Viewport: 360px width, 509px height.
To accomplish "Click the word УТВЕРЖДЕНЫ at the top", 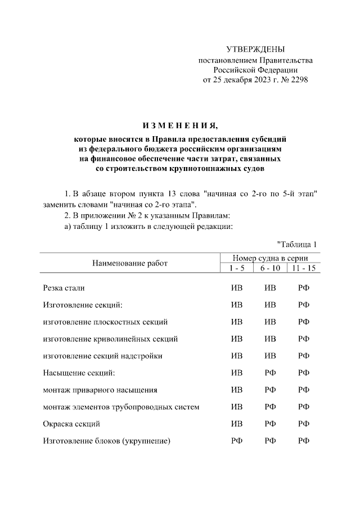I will [255, 50].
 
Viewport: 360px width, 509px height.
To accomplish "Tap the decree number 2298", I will [298, 80].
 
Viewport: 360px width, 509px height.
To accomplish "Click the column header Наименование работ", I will [130, 263].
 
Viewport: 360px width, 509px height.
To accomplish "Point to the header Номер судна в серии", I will [270, 258].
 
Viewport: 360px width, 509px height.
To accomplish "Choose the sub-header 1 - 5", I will [237, 268].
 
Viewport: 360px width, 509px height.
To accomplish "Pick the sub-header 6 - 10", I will [270, 268].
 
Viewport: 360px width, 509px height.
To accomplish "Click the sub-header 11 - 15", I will [304, 268].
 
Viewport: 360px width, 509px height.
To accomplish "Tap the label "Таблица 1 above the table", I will [298, 244].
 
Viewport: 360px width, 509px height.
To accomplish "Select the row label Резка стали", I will [64, 288].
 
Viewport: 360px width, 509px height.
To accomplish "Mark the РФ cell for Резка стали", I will [304, 288].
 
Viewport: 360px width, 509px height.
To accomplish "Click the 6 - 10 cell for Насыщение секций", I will [270, 372].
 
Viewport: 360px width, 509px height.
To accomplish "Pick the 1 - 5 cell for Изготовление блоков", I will [237, 440].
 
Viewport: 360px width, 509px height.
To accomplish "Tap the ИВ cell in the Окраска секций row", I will [237, 423].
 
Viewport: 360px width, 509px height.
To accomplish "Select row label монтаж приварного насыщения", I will [100, 389].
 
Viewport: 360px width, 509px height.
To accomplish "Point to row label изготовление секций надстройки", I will [105, 355].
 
